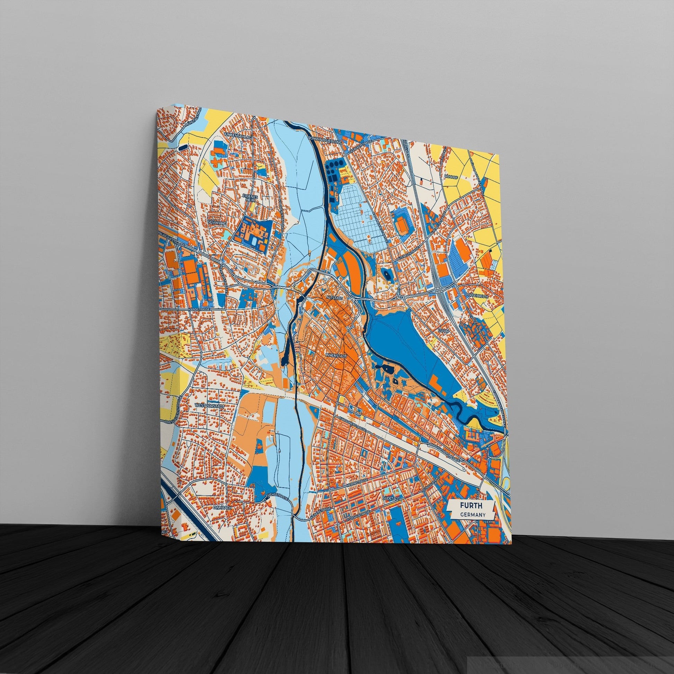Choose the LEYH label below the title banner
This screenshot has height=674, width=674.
(488, 530)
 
